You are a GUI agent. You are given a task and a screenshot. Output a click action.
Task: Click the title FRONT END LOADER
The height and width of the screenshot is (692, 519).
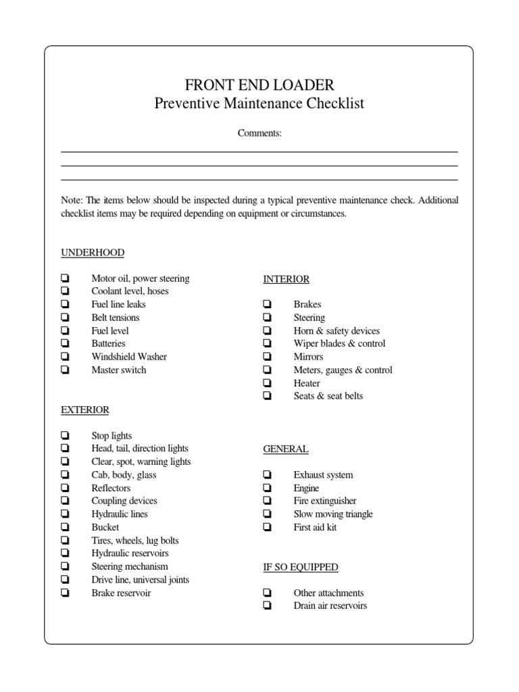click(x=259, y=85)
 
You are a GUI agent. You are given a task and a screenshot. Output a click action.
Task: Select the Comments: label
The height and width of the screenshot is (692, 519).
click(x=259, y=133)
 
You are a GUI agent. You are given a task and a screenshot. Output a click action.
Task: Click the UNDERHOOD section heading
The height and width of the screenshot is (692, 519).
click(x=93, y=253)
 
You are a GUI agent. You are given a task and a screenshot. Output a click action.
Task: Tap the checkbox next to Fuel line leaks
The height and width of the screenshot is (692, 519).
click(x=65, y=305)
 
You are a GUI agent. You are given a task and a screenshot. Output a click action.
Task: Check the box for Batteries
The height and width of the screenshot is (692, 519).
click(x=65, y=344)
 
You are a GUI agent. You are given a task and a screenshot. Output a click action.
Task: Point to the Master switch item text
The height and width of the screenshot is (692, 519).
click(x=118, y=370)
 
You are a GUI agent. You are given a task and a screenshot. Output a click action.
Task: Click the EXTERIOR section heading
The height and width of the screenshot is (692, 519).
click(x=85, y=410)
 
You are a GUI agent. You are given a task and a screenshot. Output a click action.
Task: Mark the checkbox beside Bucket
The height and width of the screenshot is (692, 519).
click(x=65, y=527)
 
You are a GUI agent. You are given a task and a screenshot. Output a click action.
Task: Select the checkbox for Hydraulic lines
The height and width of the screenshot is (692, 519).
click(x=65, y=514)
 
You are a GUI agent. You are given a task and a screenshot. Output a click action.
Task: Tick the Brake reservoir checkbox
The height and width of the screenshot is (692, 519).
click(x=65, y=593)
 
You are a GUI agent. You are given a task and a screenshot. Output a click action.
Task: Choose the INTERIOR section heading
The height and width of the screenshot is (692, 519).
click(x=286, y=279)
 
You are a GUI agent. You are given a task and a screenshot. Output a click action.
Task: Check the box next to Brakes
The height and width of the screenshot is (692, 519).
click(x=268, y=305)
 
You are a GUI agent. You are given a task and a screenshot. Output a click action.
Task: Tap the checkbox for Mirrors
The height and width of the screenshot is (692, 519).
click(x=268, y=357)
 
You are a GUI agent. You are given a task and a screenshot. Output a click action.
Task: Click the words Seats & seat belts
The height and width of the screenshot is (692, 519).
click(x=328, y=396)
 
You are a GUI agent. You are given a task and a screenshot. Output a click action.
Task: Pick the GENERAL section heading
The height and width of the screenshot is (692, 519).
click(x=286, y=449)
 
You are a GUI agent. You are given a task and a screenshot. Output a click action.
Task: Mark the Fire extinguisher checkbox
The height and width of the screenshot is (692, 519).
click(x=268, y=501)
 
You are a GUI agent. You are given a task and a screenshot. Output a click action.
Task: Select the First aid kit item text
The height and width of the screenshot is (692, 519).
click(x=315, y=527)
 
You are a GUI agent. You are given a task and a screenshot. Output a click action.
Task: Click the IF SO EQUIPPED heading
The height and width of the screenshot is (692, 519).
click(x=301, y=567)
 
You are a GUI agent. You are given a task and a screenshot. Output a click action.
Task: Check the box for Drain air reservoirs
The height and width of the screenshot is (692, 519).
click(x=268, y=606)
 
